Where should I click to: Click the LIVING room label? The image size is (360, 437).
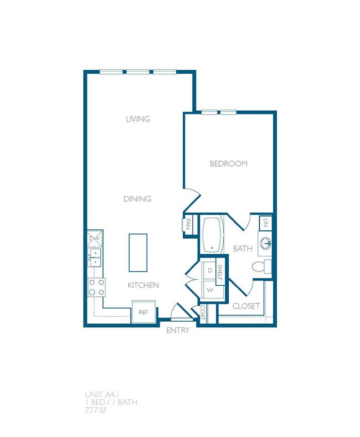[138, 119]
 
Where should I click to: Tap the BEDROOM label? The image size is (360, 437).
[228, 164]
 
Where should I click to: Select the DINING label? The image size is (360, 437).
[138, 199]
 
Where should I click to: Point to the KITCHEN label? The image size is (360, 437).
[143, 285]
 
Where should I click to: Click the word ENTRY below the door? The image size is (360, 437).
[178, 331]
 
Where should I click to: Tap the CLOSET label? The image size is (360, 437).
[246, 306]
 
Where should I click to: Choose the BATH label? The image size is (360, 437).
[242, 249]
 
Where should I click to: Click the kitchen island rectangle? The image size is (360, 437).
[138, 253]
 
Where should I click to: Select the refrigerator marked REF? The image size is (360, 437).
[143, 312]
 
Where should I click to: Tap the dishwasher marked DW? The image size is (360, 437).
[95, 239]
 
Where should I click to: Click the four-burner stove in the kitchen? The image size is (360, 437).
[97, 286]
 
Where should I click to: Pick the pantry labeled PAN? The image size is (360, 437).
[188, 225]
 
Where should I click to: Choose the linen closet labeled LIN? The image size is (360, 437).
[266, 223]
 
